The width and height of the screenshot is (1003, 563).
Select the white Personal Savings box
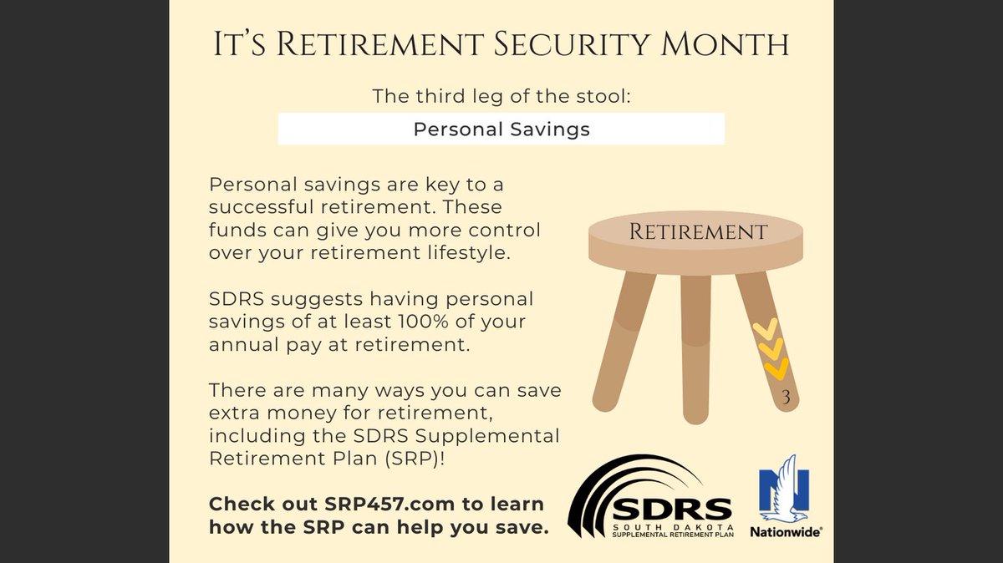(x=501, y=129)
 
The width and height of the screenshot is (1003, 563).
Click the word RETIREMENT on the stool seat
(x=698, y=231)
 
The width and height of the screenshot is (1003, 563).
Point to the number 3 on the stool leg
(x=786, y=399)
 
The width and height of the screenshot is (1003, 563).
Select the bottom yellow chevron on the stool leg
(x=776, y=368)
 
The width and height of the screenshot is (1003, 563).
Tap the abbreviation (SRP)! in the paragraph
(x=385, y=459)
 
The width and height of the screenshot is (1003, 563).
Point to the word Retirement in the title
(x=362, y=44)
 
